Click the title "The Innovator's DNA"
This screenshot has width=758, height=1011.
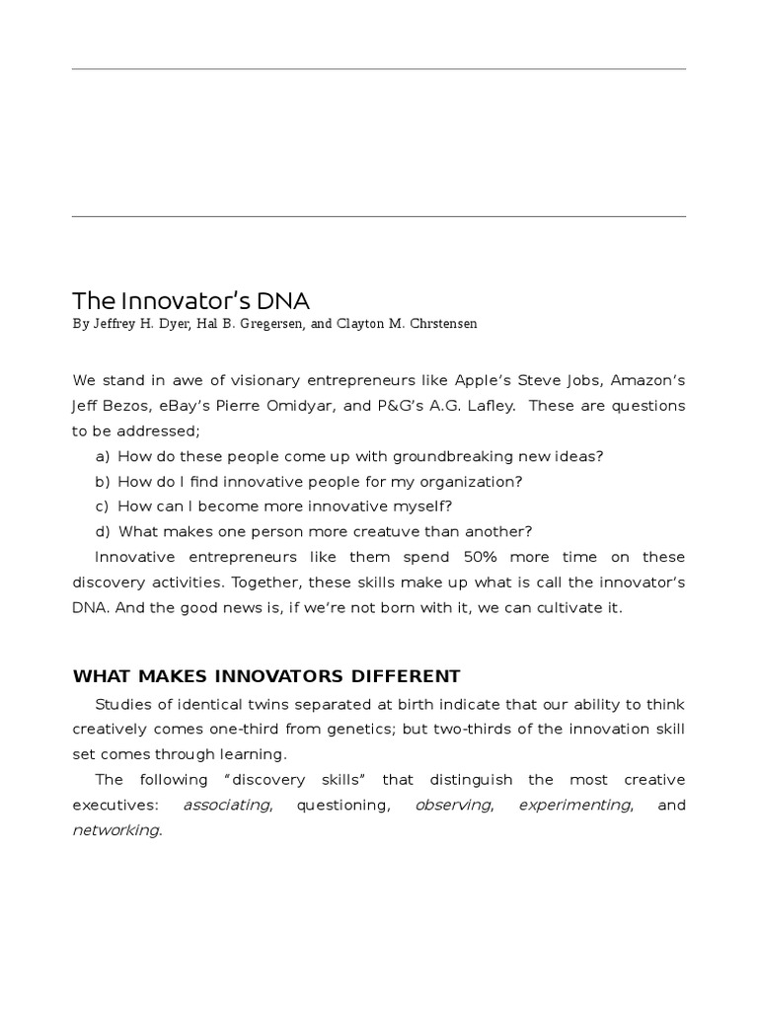point(191,300)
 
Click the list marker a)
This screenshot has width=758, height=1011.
point(103,456)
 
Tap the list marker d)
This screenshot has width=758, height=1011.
point(103,531)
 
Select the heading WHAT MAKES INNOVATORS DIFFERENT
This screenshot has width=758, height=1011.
point(266,676)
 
